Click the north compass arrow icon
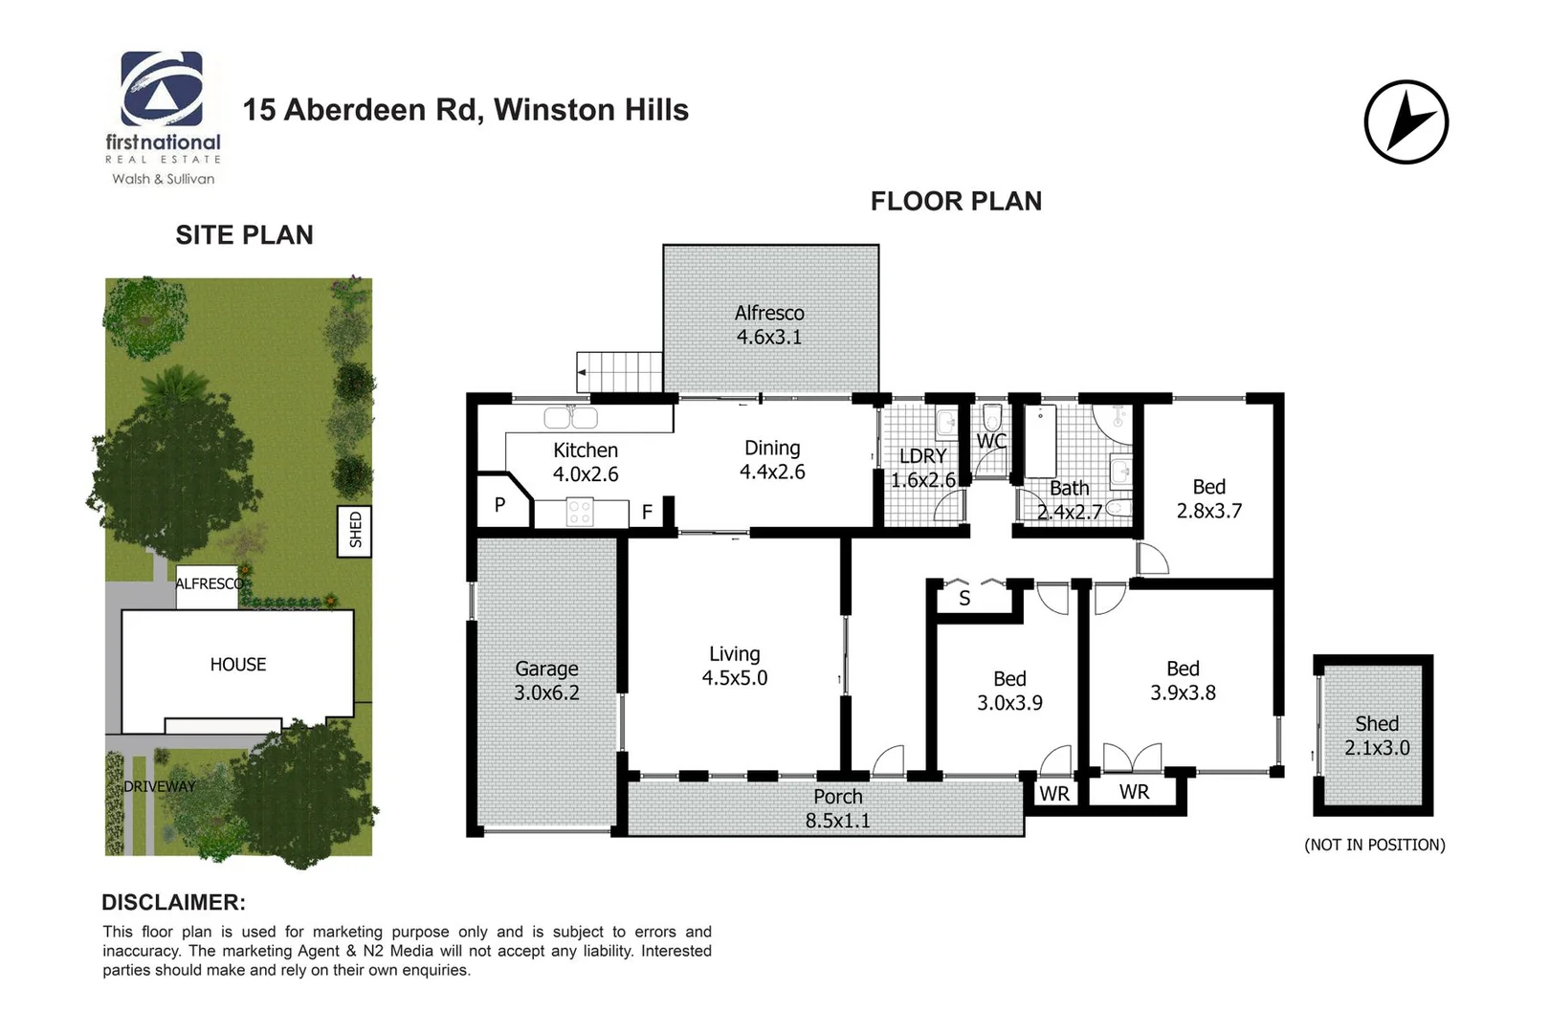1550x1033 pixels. (1406, 122)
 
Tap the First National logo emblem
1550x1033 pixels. (162, 89)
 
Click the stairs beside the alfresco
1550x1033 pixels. (620, 371)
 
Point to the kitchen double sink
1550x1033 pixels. (570, 418)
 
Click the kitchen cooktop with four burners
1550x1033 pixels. (579, 513)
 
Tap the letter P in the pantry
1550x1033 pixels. (499, 504)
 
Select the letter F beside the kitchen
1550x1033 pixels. (647, 513)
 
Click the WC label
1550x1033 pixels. (991, 441)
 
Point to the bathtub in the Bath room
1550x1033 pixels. (1040, 441)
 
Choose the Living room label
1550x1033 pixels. (734, 654)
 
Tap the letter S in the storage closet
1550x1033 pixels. (964, 599)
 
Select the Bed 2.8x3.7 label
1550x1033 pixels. (1208, 499)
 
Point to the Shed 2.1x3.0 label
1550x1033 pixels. (1376, 736)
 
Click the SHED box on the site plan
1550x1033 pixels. (355, 529)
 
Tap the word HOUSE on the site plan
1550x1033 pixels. (238, 664)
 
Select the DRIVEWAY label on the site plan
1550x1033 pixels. (159, 786)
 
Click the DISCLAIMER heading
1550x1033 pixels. (173, 902)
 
